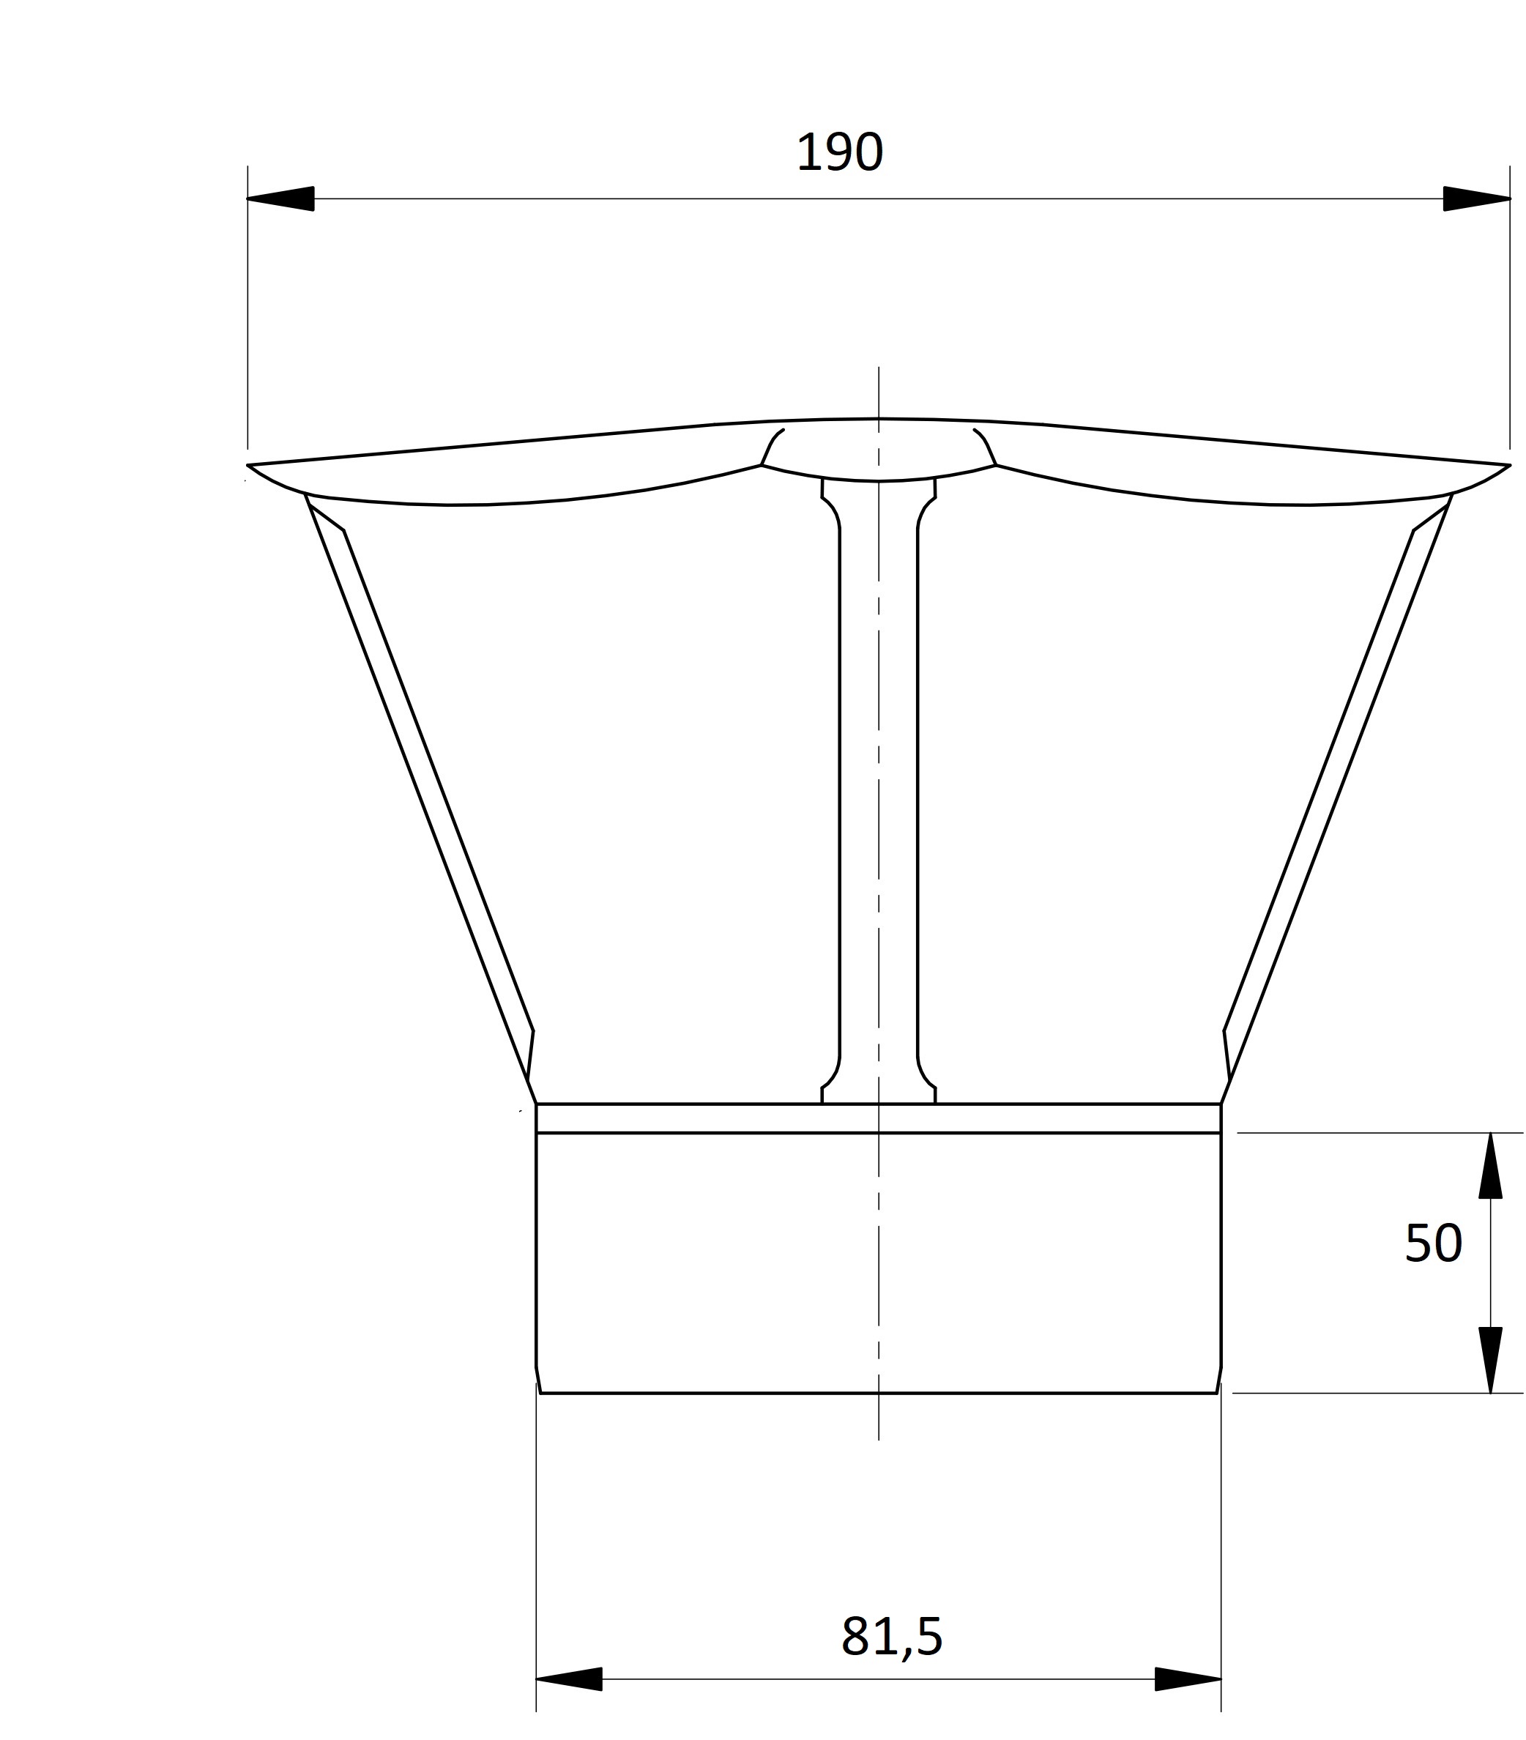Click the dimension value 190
(x=839, y=153)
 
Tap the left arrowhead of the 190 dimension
(x=281, y=198)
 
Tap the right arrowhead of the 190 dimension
(x=1475, y=198)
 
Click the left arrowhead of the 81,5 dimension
(x=570, y=1679)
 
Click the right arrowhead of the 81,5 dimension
(x=1186, y=1679)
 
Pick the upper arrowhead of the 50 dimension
(x=1489, y=1167)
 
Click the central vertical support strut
(x=877, y=792)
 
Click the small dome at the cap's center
(x=877, y=449)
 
